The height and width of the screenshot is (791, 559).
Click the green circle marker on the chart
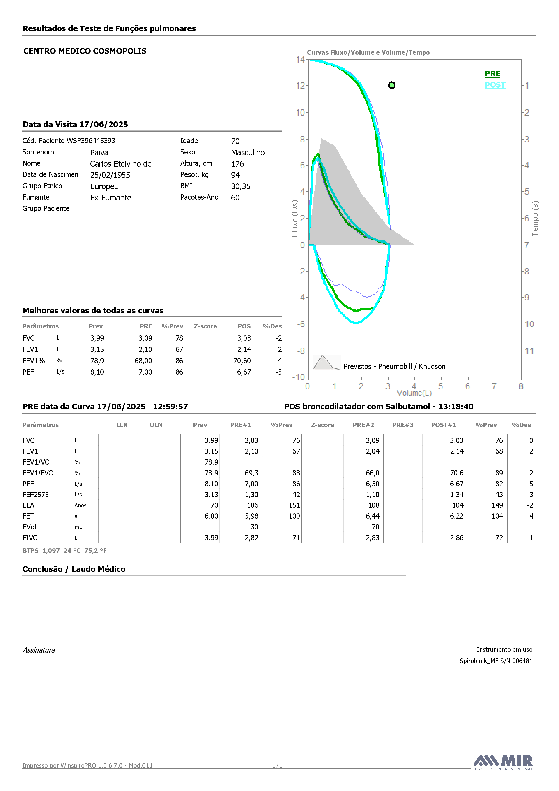392,85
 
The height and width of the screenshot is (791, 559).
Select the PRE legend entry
492,74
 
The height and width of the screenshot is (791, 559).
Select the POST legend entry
495,85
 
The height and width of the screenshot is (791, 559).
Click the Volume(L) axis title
414,393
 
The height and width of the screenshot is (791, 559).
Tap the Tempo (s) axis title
535,219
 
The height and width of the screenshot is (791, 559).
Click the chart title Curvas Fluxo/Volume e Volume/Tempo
368,52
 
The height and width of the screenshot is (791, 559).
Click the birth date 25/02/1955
110,175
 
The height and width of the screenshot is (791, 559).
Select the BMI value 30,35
241,186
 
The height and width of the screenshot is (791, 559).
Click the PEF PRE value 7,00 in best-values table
145,372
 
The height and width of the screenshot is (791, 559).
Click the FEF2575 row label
36,494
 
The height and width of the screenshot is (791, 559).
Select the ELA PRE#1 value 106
253,505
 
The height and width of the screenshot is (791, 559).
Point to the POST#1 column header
444,425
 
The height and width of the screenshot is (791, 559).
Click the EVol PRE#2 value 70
375,527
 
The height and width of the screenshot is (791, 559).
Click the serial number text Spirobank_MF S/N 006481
496,661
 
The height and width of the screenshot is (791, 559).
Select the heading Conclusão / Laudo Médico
74,569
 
